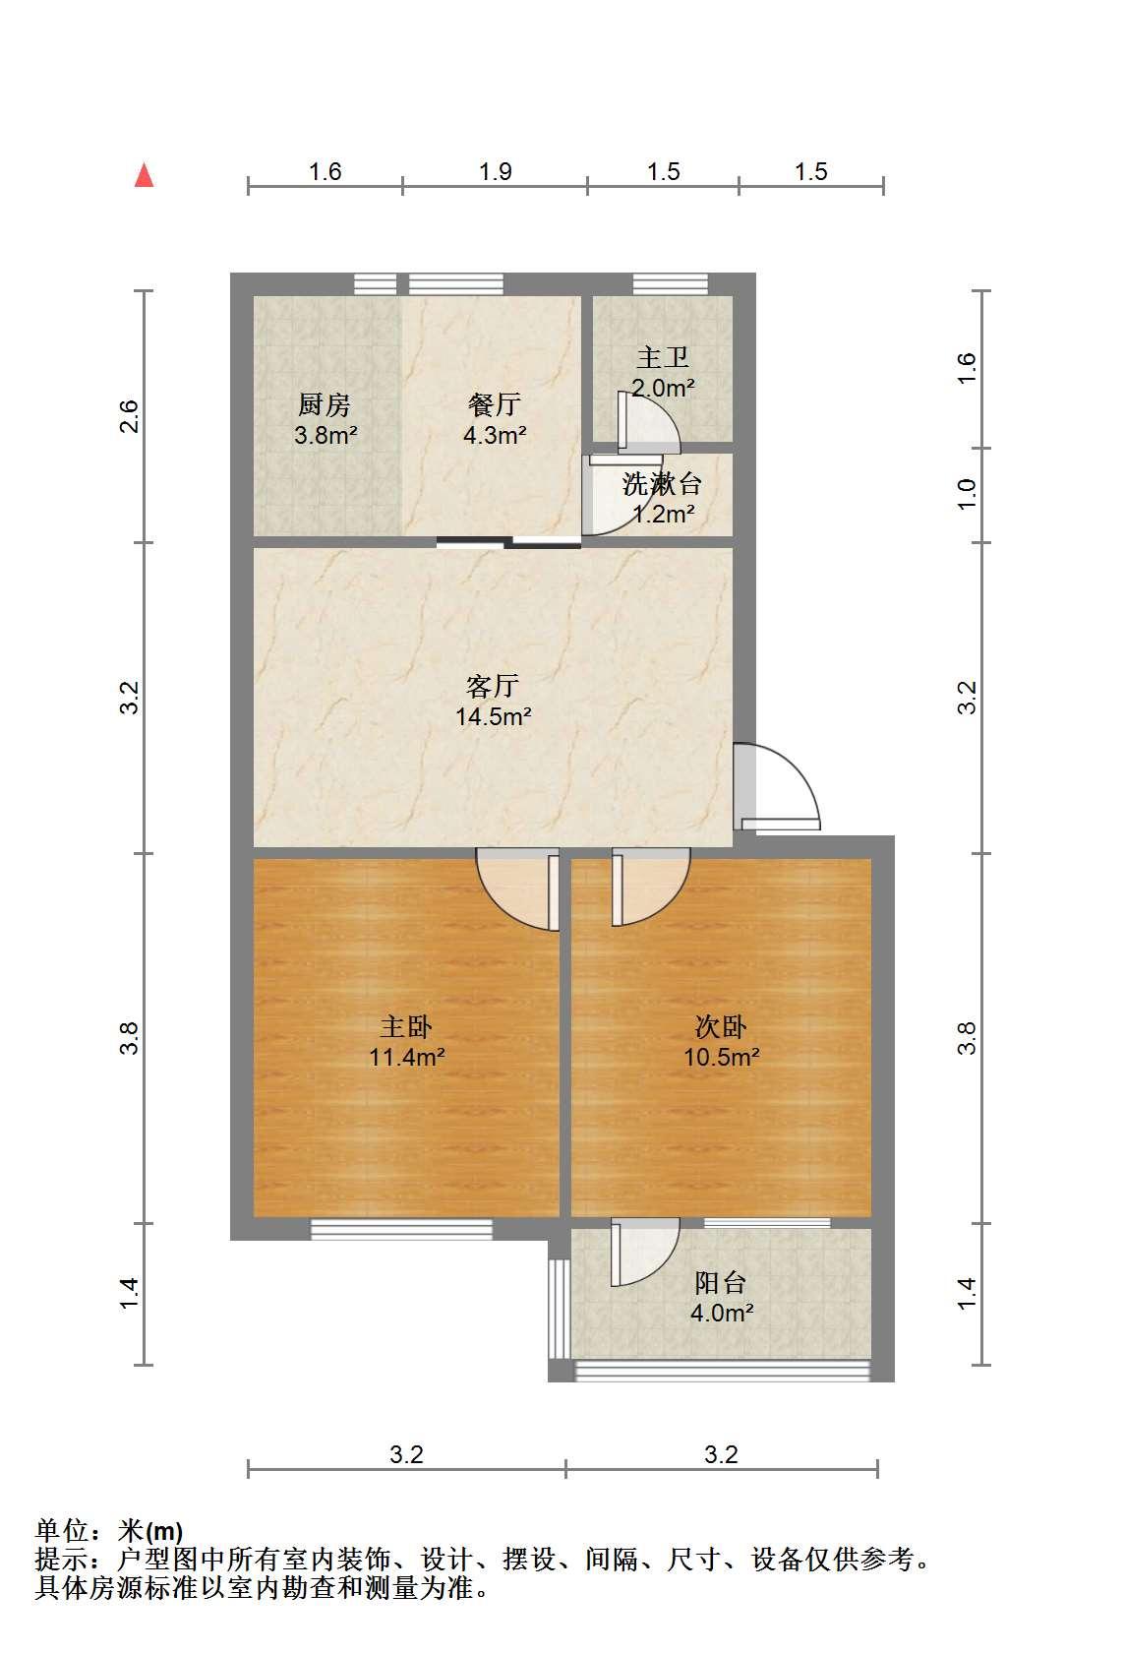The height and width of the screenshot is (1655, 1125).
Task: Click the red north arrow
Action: pyautogui.click(x=144, y=176)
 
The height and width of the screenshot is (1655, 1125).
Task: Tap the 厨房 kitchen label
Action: pyautogui.click(x=325, y=404)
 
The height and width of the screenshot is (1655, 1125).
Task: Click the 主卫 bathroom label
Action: pyautogui.click(x=662, y=357)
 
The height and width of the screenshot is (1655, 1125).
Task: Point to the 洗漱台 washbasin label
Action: pyautogui.click(x=662, y=484)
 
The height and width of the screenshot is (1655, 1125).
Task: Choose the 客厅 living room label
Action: pyautogui.click(x=493, y=687)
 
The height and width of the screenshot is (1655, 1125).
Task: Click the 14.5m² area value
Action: pyautogui.click(x=493, y=716)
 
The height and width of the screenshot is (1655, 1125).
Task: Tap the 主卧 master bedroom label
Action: pyautogui.click(x=406, y=1027)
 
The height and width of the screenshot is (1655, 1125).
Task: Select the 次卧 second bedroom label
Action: pyautogui.click(x=721, y=1027)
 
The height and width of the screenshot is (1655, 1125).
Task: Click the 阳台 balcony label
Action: pyautogui.click(x=721, y=1283)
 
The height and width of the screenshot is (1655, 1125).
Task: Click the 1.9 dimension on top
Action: pyautogui.click(x=495, y=171)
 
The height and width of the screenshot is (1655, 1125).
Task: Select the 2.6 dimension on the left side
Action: pyautogui.click(x=129, y=416)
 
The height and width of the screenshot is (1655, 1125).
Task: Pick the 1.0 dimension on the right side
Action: pyautogui.click(x=967, y=494)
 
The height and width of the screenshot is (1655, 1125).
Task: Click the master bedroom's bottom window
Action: pyautogui.click(x=401, y=1229)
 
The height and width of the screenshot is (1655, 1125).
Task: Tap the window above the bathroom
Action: pyautogui.click(x=671, y=283)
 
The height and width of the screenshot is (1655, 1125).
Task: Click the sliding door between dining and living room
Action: pyautogui.click(x=508, y=542)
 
